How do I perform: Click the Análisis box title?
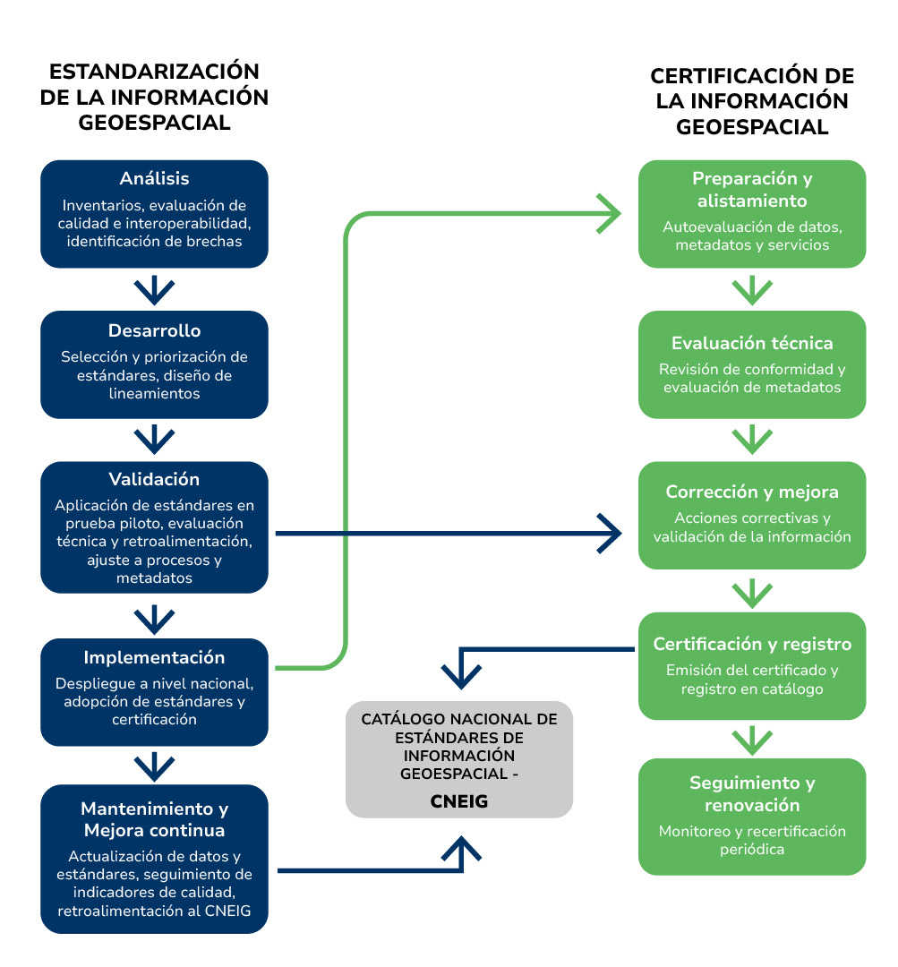tap(154, 178)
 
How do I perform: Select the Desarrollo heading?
tap(154, 330)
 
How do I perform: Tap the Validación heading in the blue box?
tap(154, 479)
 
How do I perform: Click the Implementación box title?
tap(154, 657)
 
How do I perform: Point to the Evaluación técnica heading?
tap(752, 343)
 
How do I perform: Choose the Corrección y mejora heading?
tap(752, 492)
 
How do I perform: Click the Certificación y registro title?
tap(752, 644)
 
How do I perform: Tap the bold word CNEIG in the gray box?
tap(459, 801)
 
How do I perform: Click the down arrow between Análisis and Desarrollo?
tap(154, 289)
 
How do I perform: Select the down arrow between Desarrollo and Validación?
tap(154, 439)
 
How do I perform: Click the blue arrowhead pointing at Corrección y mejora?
tap(611, 533)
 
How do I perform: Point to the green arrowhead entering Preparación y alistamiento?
tap(611, 215)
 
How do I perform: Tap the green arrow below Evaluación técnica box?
tap(752, 439)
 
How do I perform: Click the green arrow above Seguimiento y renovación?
tap(752, 739)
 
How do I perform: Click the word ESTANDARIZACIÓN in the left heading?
tap(154, 72)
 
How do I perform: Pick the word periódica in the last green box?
tap(752, 849)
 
